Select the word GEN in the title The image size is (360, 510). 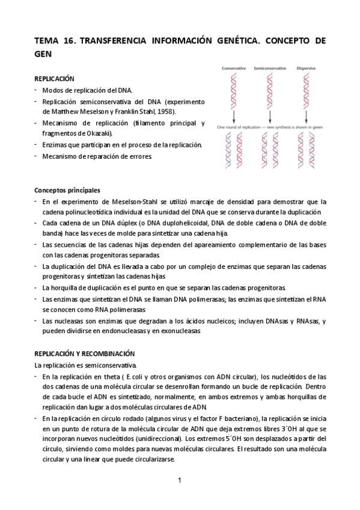click(x=44, y=54)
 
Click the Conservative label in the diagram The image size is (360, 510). click(x=234, y=69)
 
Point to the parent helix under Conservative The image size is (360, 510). click(x=234, y=90)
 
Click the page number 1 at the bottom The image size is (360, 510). click(x=179, y=480)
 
